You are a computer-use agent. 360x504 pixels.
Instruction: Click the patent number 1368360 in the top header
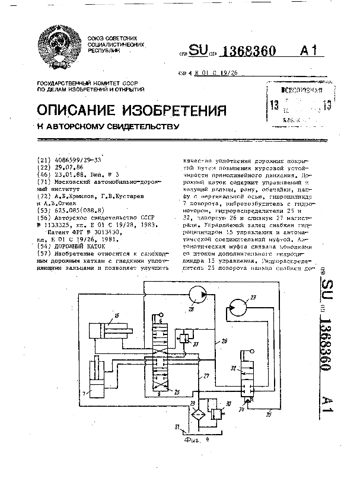(x=247, y=52)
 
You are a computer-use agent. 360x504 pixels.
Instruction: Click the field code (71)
(x=43, y=181)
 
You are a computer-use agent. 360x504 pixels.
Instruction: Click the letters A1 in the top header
(x=313, y=52)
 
